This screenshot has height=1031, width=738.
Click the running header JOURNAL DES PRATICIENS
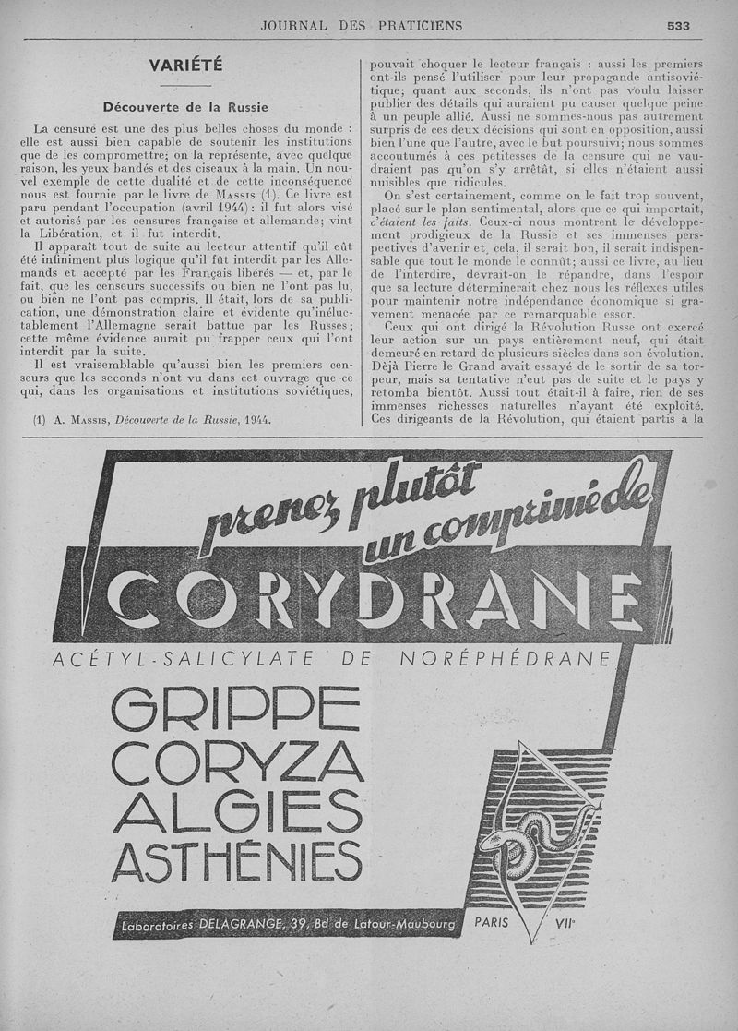362,26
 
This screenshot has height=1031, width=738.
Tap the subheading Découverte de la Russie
185,106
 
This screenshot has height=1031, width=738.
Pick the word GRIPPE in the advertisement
235,712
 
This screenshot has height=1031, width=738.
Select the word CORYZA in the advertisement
235,762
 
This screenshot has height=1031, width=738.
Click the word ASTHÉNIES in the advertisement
235,862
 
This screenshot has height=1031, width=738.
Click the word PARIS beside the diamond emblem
495,922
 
